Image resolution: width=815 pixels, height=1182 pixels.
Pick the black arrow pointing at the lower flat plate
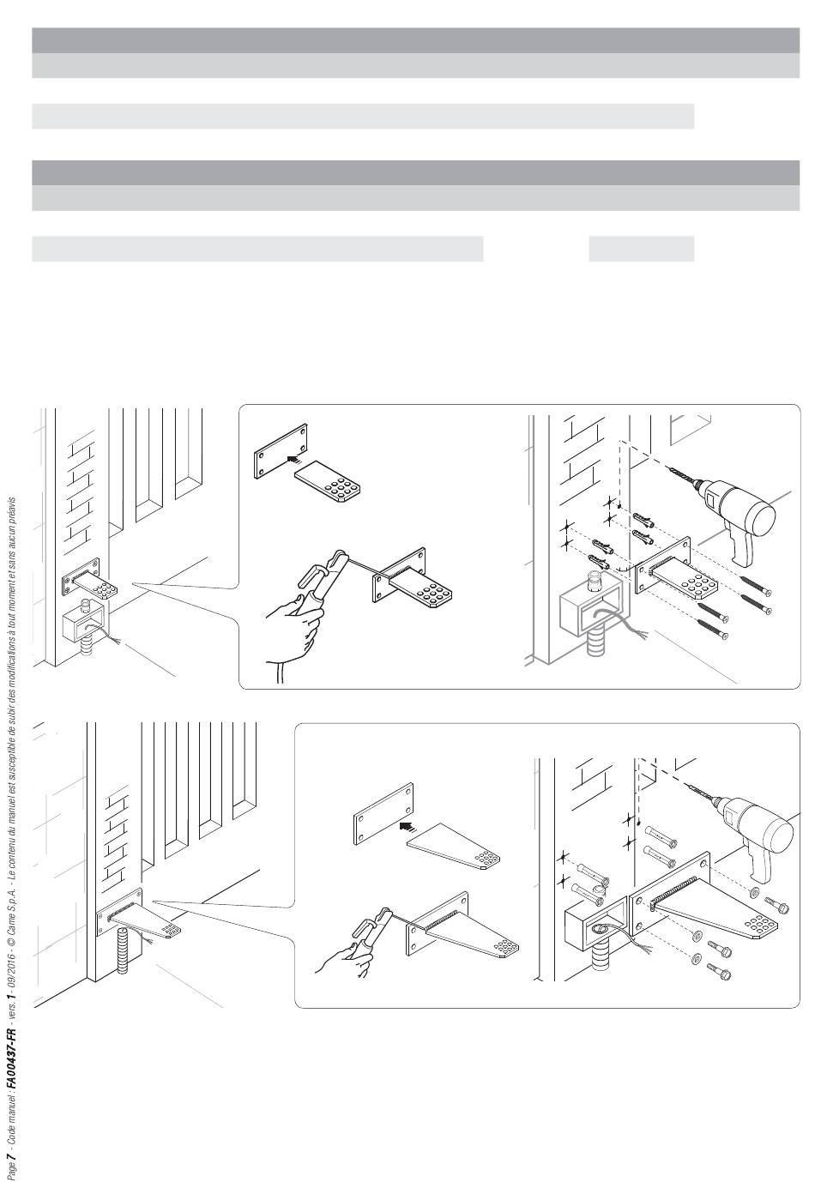pos(407,825)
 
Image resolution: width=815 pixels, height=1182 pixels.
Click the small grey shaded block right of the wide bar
pos(641,249)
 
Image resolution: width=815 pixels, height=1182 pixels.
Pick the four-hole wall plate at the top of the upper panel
pos(281,450)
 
